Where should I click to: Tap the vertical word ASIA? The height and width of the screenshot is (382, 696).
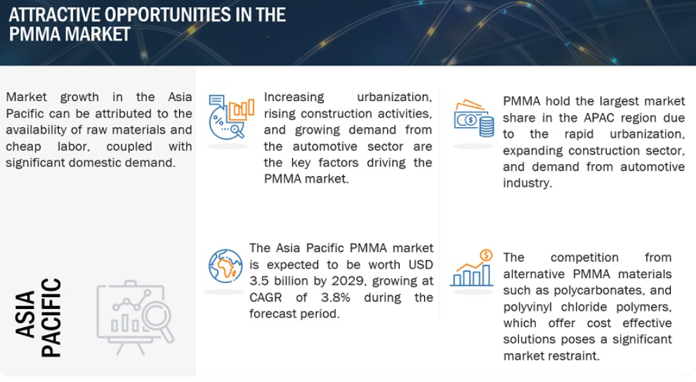pos(25,314)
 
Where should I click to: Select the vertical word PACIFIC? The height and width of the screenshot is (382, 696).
pos(51,317)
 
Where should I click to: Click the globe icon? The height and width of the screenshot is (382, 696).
pos(225,266)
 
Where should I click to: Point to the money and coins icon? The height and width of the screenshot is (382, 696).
pos(473,118)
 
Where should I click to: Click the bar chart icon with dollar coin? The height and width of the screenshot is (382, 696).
pos(472,268)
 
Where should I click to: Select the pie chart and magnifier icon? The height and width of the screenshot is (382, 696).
pos(231,117)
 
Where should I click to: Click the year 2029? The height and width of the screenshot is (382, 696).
pos(346,281)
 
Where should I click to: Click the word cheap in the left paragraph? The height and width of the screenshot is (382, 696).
pos(23,147)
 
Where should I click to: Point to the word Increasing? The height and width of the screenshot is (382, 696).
pos(294,97)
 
